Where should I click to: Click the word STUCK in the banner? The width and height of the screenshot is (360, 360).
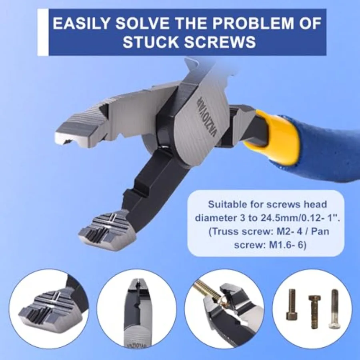151,42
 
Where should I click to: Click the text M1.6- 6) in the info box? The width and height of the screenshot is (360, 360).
288,245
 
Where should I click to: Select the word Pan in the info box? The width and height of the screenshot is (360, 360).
320,231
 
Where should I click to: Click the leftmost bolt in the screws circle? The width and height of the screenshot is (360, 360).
292,304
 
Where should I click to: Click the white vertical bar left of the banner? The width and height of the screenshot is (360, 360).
43,32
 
